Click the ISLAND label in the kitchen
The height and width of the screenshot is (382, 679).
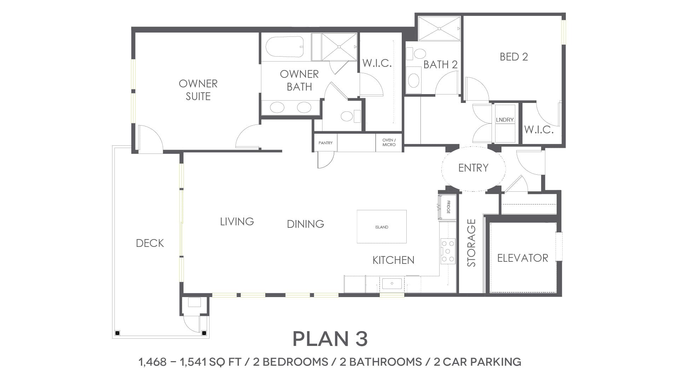click(x=382, y=227)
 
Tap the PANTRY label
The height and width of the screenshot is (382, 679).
click(x=325, y=143)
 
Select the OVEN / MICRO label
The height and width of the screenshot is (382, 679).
click(x=389, y=142)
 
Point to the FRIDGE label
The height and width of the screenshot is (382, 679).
click(x=448, y=207)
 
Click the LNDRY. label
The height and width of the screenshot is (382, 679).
click(x=505, y=120)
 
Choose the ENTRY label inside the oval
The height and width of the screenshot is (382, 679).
click(x=473, y=168)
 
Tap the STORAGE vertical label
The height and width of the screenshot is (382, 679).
click(x=471, y=243)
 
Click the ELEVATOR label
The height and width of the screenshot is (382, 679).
click(x=523, y=258)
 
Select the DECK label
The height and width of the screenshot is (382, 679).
click(x=150, y=243)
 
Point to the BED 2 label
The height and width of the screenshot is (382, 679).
click(x=514, y=57)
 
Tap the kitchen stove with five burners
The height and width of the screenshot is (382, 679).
click(x=448, y=251)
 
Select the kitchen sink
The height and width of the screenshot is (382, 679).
click(x=392, y=284)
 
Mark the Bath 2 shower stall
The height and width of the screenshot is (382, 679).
click(x=439, y=29)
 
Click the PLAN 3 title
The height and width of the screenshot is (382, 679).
click(x=330, y=338)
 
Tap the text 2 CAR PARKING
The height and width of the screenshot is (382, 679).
click(x=477, y=362)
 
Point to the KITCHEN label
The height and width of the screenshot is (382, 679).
click(x=393, y=260)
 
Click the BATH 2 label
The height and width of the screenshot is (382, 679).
click(x=441, y=65)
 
